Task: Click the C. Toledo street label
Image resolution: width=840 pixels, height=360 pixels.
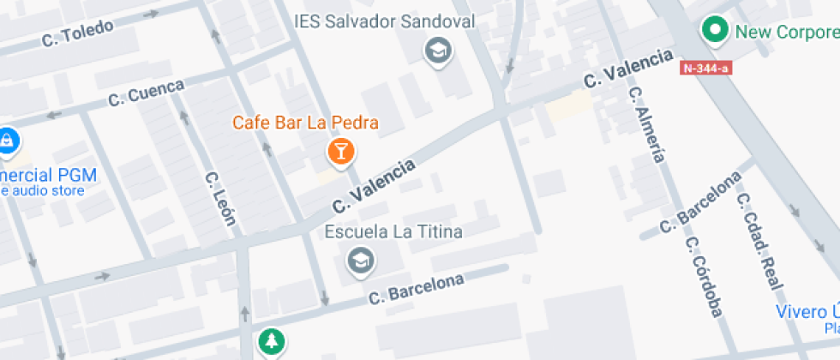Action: tap(78, 33)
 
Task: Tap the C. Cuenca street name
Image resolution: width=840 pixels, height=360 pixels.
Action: tap(147, 93)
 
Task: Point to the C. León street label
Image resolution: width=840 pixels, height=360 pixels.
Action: tap(219, 198)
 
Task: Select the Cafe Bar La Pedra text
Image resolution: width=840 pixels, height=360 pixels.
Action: tap(305, 123)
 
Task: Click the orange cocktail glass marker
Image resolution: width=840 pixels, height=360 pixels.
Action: tap(341, 153)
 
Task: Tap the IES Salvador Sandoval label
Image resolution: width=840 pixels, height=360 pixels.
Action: tap(384, 21)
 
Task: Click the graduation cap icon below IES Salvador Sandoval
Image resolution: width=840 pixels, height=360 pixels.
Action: tap(439, 51)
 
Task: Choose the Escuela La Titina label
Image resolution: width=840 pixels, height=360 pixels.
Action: tap(393, 232)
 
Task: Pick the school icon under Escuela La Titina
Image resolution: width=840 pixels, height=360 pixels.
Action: tap(361, 261)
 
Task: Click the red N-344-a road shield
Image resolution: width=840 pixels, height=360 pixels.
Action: tap(706, 67)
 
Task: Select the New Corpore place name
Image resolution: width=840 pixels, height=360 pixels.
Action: tap(787, 33)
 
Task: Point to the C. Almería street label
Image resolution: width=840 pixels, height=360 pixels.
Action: tap(647, 123)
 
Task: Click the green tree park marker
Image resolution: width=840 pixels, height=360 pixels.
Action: tap(272, 342)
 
